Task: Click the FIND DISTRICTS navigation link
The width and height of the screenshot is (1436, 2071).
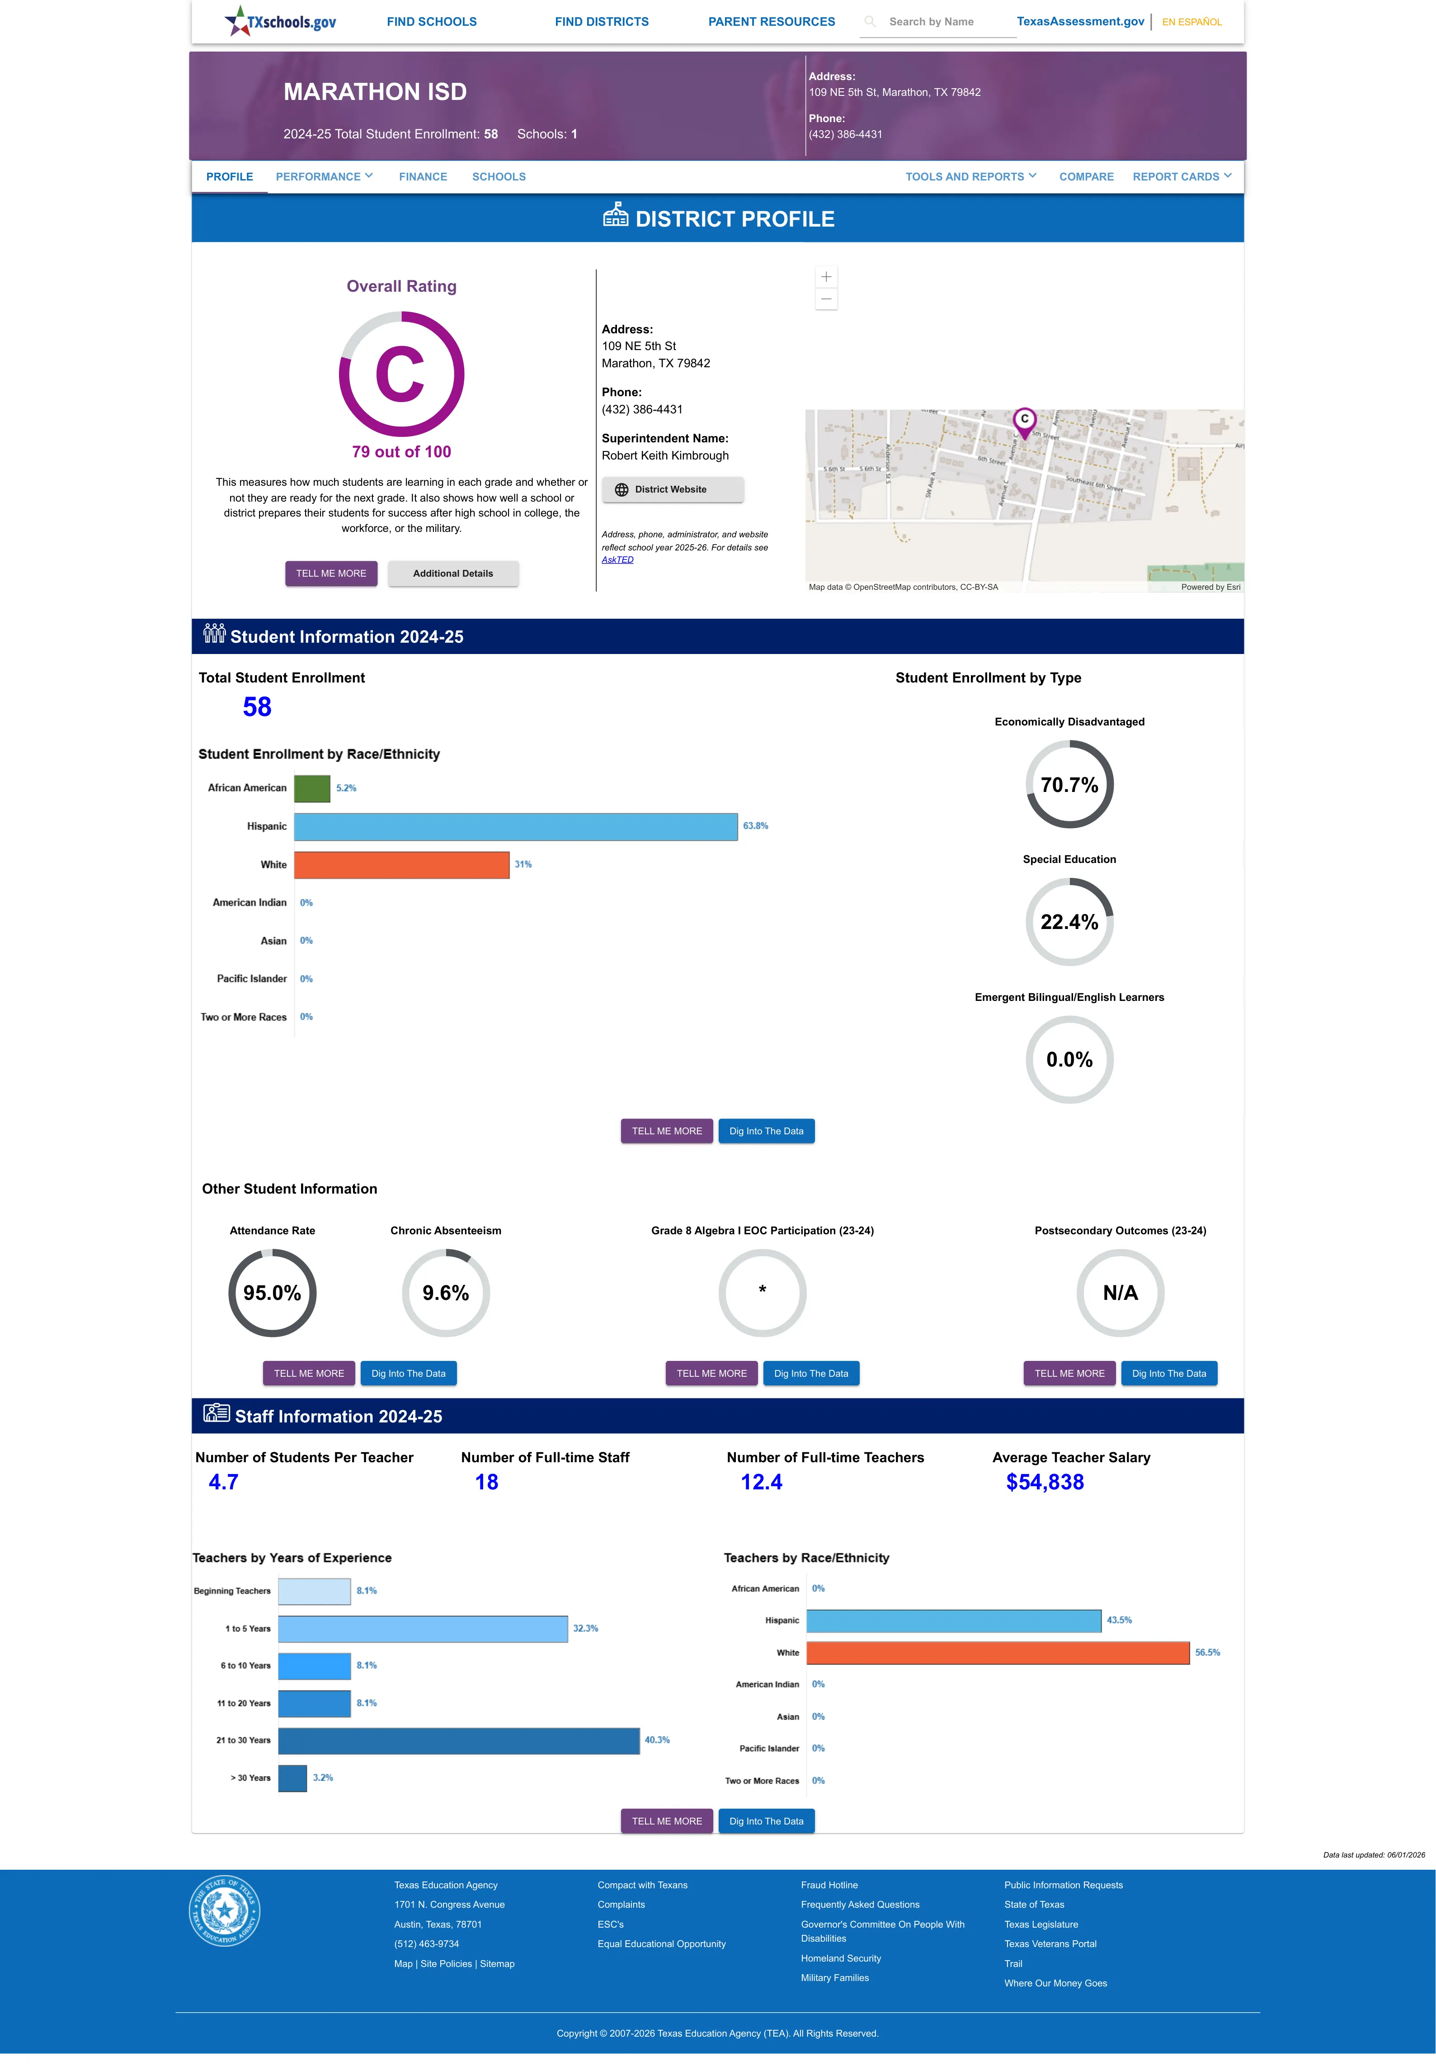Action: click(x=601, y=22)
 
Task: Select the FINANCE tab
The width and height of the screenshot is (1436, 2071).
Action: click(x=423, y=176)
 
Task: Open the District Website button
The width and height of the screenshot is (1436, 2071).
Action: click(x=672, y=490)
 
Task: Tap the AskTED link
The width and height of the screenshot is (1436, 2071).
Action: click(x=617, y=560)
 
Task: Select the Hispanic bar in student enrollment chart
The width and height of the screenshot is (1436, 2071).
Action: click(x=516, y=826)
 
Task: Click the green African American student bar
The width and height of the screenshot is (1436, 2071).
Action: click(x=312, y=788)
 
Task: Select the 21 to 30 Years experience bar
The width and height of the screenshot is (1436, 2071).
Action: click(x=459, y=1741)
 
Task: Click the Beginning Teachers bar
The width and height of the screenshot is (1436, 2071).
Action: click(x=314, y=1591)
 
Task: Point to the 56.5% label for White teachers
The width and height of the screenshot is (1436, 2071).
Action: click(x=1207, y=1653)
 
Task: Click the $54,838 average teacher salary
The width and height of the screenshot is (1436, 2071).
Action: click(x=1045, y=1483)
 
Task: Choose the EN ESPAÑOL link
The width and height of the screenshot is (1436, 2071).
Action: click(x=1191, y=22)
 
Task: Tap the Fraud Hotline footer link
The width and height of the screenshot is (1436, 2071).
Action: click(x=829, y=1885)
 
